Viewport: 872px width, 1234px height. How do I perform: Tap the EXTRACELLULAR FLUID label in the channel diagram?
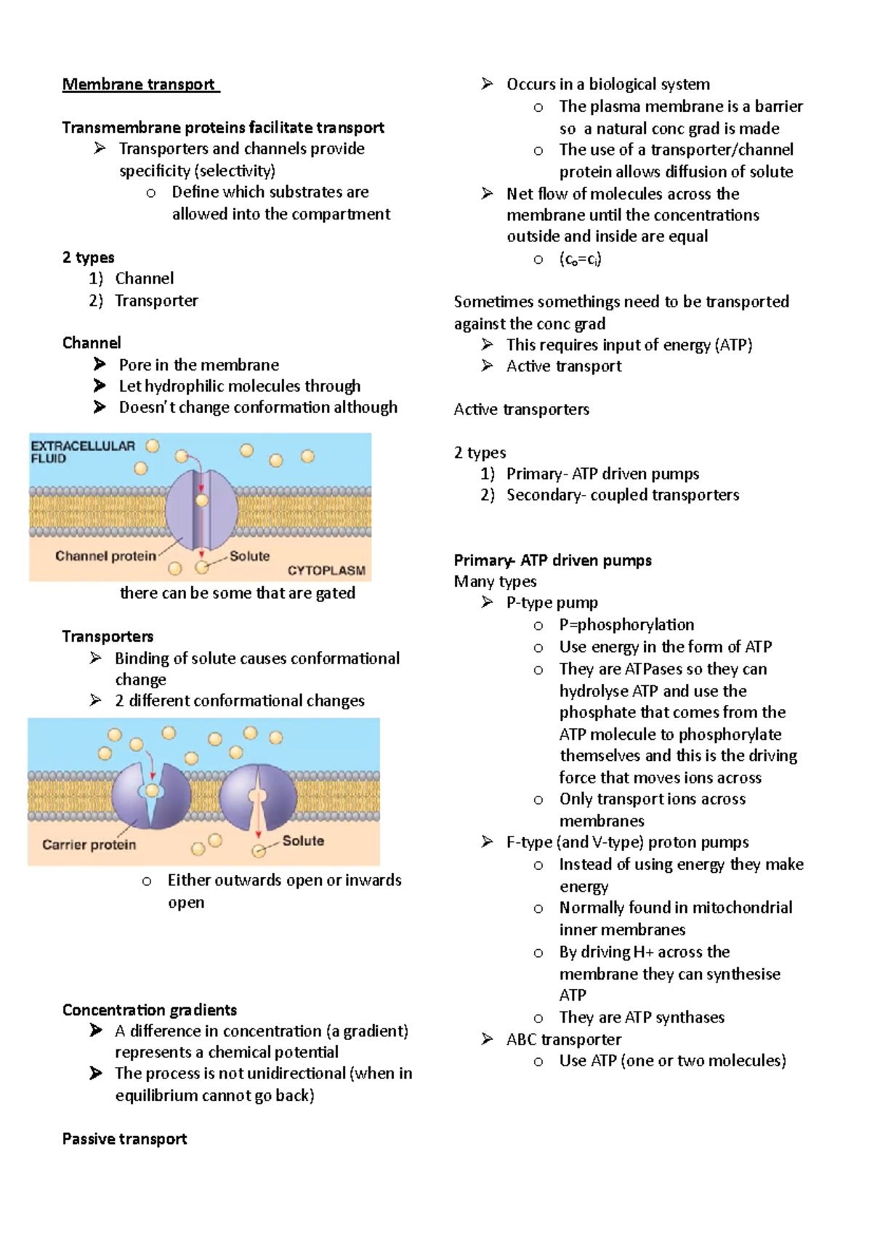[x=82, y=451]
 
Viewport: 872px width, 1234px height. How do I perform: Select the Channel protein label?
[x=105, y=556]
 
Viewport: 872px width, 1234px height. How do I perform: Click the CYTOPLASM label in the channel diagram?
[x=326, y=570]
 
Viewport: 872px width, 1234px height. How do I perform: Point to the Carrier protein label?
[x=89, y=844]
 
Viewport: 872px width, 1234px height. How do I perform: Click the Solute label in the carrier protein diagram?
[x=303, y=841]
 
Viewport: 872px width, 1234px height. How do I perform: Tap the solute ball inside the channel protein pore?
[x=202, y=500]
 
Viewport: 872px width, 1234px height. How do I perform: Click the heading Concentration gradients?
[x=150, y=1010]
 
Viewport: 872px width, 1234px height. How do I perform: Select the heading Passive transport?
[x=124, y=1139]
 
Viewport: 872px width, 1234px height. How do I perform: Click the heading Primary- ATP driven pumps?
[x=552, y=560]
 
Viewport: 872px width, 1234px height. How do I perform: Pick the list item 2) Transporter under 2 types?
[x=156, y=301]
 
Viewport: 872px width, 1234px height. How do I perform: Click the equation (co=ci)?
[x=580, y=259]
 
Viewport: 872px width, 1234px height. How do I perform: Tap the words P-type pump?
[x=552, y=603]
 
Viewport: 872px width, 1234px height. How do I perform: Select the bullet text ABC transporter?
[x=563, y=1040]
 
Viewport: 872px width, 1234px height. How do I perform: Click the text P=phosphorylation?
[x=626, y=625]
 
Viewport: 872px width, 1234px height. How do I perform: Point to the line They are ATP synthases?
[x=642, y=1017]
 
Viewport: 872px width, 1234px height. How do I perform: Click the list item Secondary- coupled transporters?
[x=622, y=495]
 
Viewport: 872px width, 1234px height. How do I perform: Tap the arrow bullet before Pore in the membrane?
[x=100, y=365]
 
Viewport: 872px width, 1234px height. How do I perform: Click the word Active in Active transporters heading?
[x=477, y=410]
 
